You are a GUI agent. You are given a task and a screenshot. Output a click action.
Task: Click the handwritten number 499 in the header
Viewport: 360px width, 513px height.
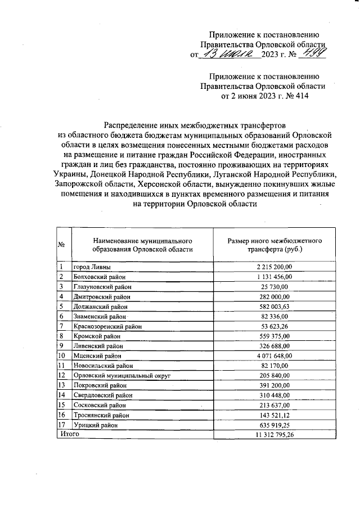[313, 54]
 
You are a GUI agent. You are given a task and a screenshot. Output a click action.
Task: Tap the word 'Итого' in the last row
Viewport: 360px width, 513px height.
[70, 435]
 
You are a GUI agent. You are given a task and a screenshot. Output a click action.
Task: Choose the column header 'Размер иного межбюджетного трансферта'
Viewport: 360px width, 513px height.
[274, 244]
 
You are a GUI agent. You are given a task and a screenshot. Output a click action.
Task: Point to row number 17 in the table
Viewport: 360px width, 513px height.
[62, 425]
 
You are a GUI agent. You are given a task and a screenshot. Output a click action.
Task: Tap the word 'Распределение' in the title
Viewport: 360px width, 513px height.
[132, 124]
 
